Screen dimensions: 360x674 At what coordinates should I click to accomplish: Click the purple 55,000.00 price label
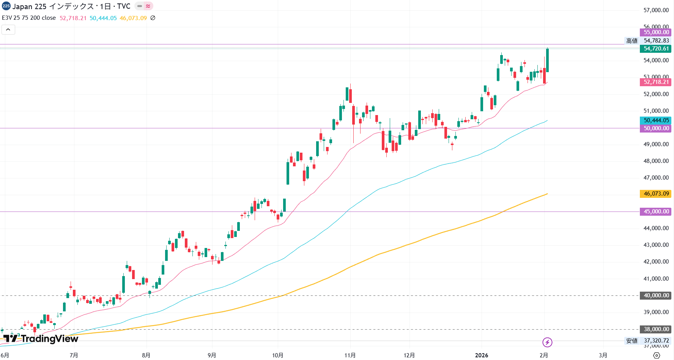[656, 32]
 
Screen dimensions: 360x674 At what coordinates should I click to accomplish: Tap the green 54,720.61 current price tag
[656, 49]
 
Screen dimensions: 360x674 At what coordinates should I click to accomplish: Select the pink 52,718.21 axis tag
[656, 82]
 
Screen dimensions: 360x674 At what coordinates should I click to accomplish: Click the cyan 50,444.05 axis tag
[656, 120]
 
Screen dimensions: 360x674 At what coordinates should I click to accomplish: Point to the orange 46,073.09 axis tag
[656, 194]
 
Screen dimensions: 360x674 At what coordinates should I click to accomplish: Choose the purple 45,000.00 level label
[656, 212]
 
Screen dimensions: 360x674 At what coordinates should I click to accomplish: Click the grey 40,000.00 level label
[656, 295]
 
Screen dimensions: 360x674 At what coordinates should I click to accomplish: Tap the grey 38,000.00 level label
[656, 329]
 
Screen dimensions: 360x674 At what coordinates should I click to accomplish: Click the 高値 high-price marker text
[632, 41]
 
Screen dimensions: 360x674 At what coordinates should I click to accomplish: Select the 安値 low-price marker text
[632, 341]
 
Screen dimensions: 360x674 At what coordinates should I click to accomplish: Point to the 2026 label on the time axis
[482, 355]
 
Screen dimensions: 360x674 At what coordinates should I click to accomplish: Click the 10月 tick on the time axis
[278, 355]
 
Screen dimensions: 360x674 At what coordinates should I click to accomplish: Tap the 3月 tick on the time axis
[603, 355]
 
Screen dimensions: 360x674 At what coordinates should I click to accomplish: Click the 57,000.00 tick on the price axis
[656, 10]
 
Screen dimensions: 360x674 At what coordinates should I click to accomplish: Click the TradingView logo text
[49, 339]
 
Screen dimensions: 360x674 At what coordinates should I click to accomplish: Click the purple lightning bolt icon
[547, 342]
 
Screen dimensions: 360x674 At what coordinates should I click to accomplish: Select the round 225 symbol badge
[6, 6]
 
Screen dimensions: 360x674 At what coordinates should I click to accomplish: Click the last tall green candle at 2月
[547, 60]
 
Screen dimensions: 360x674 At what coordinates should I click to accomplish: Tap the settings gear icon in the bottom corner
[657, 355]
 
